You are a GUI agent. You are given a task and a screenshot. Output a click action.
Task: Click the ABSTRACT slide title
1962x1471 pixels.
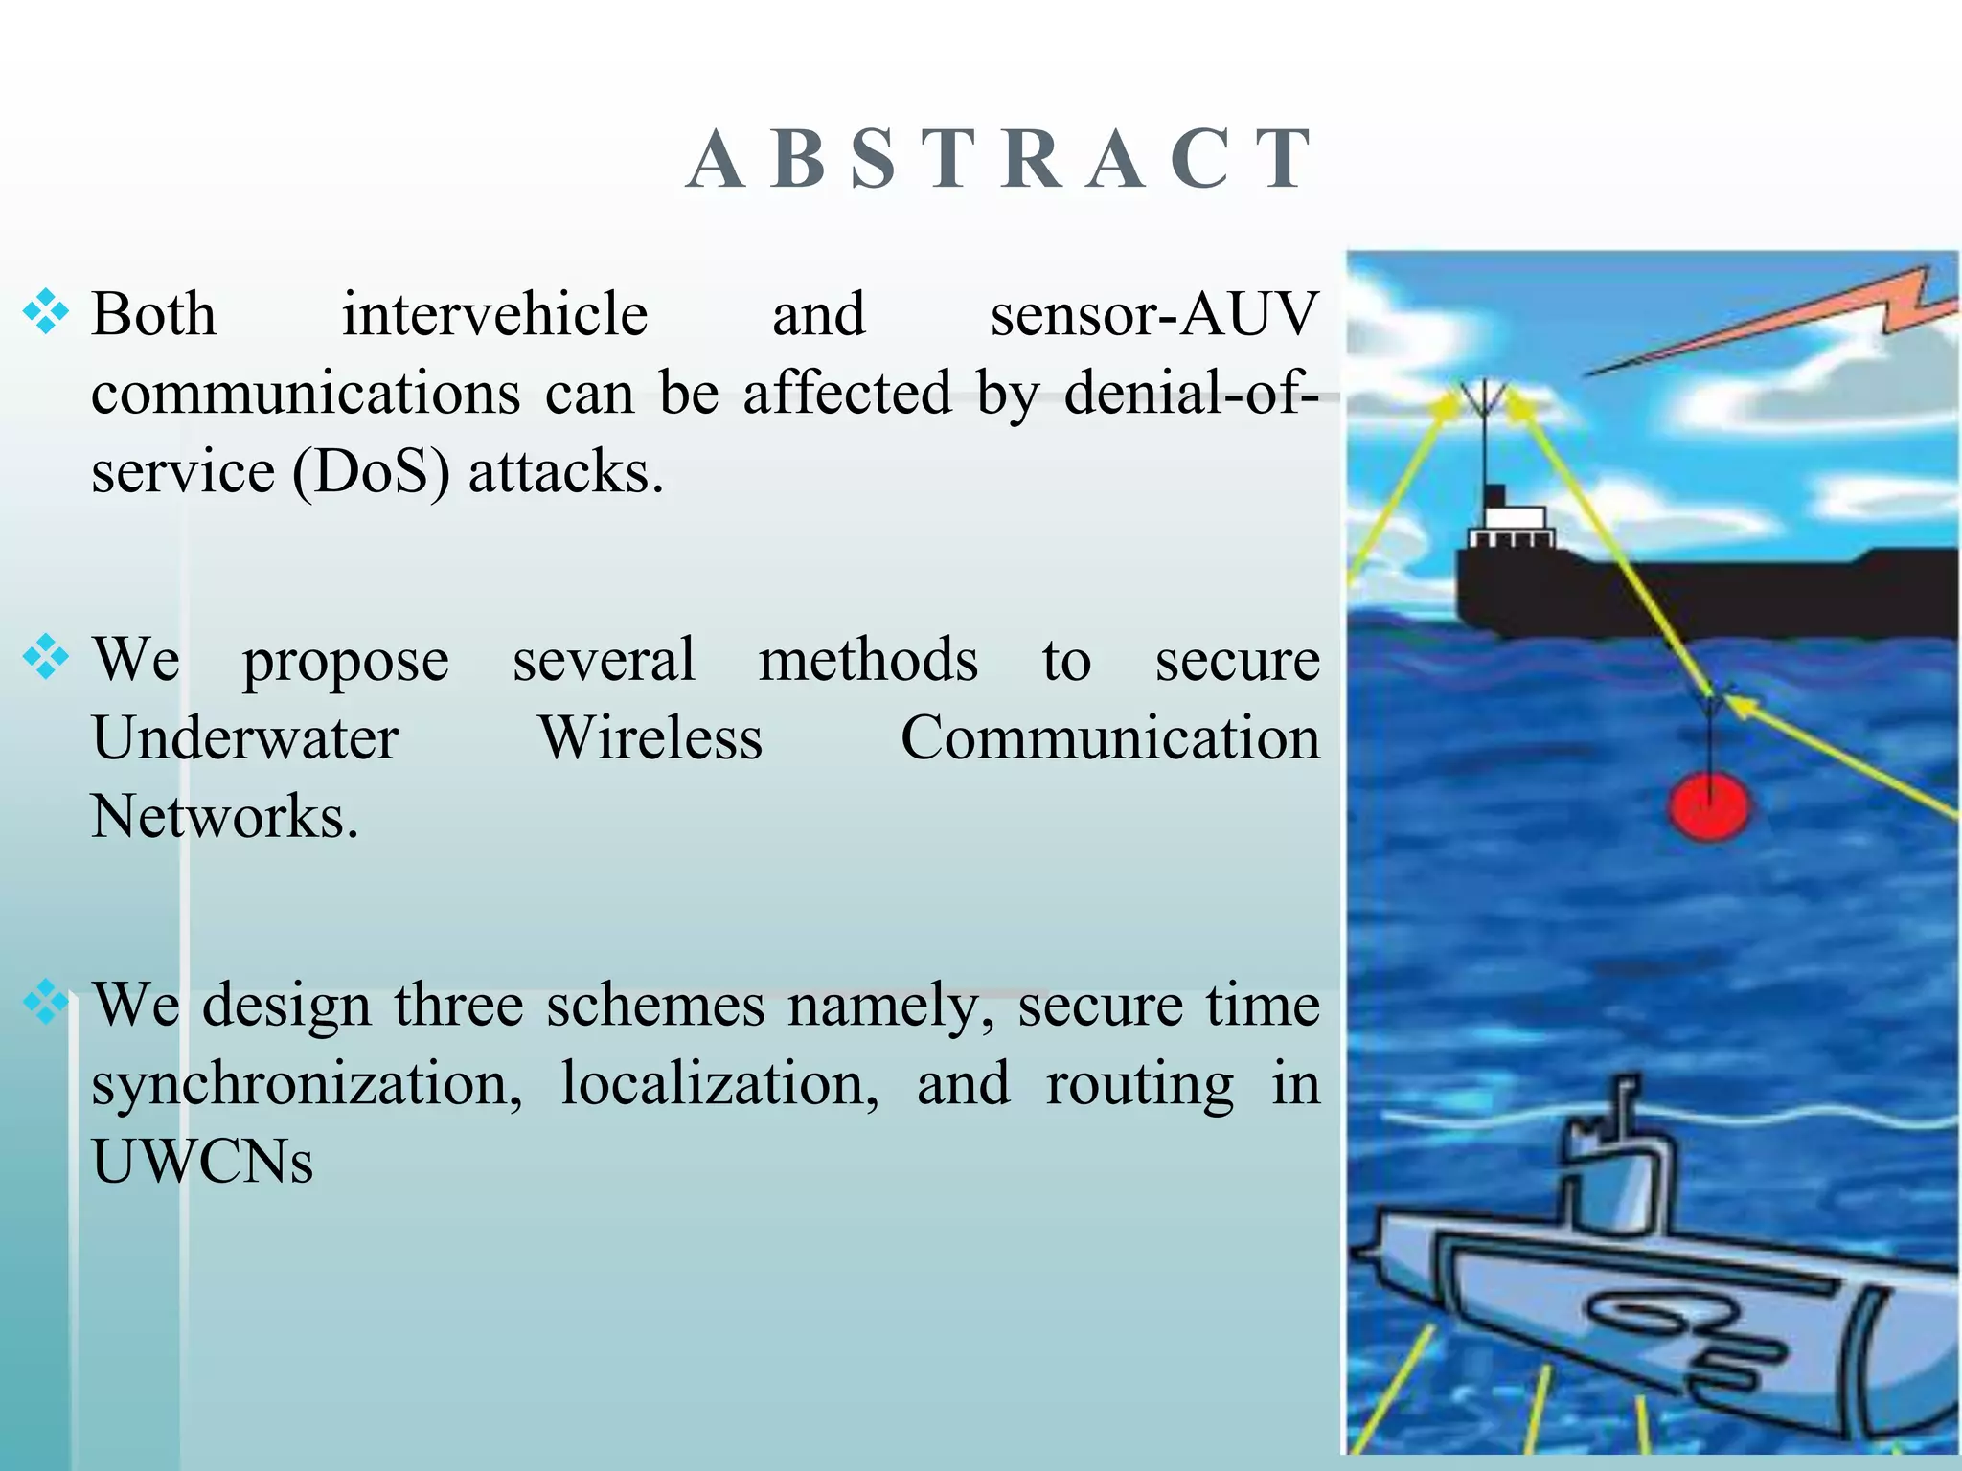point(999,160)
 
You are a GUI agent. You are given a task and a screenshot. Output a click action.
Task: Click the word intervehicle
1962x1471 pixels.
point(494,314)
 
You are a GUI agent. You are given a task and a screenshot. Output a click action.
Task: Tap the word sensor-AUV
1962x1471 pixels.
point(1153,314)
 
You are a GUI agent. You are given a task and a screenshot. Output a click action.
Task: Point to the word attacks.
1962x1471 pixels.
point(565,471)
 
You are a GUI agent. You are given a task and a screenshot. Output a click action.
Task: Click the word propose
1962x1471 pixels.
point(345,661)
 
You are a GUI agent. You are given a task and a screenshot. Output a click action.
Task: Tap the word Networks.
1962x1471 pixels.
point(224,817)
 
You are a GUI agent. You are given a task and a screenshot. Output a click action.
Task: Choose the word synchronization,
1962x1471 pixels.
point(307,1084)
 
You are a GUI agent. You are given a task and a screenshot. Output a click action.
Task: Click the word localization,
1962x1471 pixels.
point(719,1084)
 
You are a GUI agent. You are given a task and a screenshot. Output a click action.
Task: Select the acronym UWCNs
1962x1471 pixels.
point(202,1163)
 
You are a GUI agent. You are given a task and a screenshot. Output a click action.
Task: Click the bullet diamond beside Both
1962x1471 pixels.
point(46,312)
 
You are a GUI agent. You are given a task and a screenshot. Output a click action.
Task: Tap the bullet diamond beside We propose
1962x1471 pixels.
point(46,658)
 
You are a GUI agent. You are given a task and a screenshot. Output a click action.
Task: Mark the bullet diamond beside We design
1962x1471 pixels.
point(46,1003)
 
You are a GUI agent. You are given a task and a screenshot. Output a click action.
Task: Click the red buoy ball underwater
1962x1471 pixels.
point(1708,806)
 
